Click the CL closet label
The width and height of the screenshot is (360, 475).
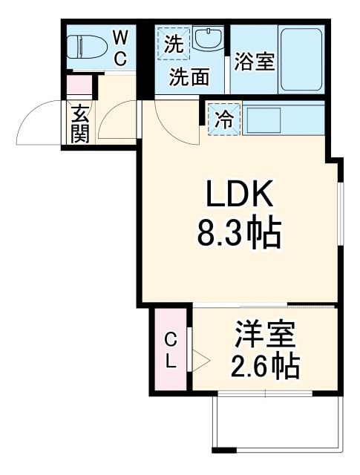171,351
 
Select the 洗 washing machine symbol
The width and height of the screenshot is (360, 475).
173,44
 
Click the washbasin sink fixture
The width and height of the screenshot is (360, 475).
209,39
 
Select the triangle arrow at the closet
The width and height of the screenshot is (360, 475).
198,361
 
